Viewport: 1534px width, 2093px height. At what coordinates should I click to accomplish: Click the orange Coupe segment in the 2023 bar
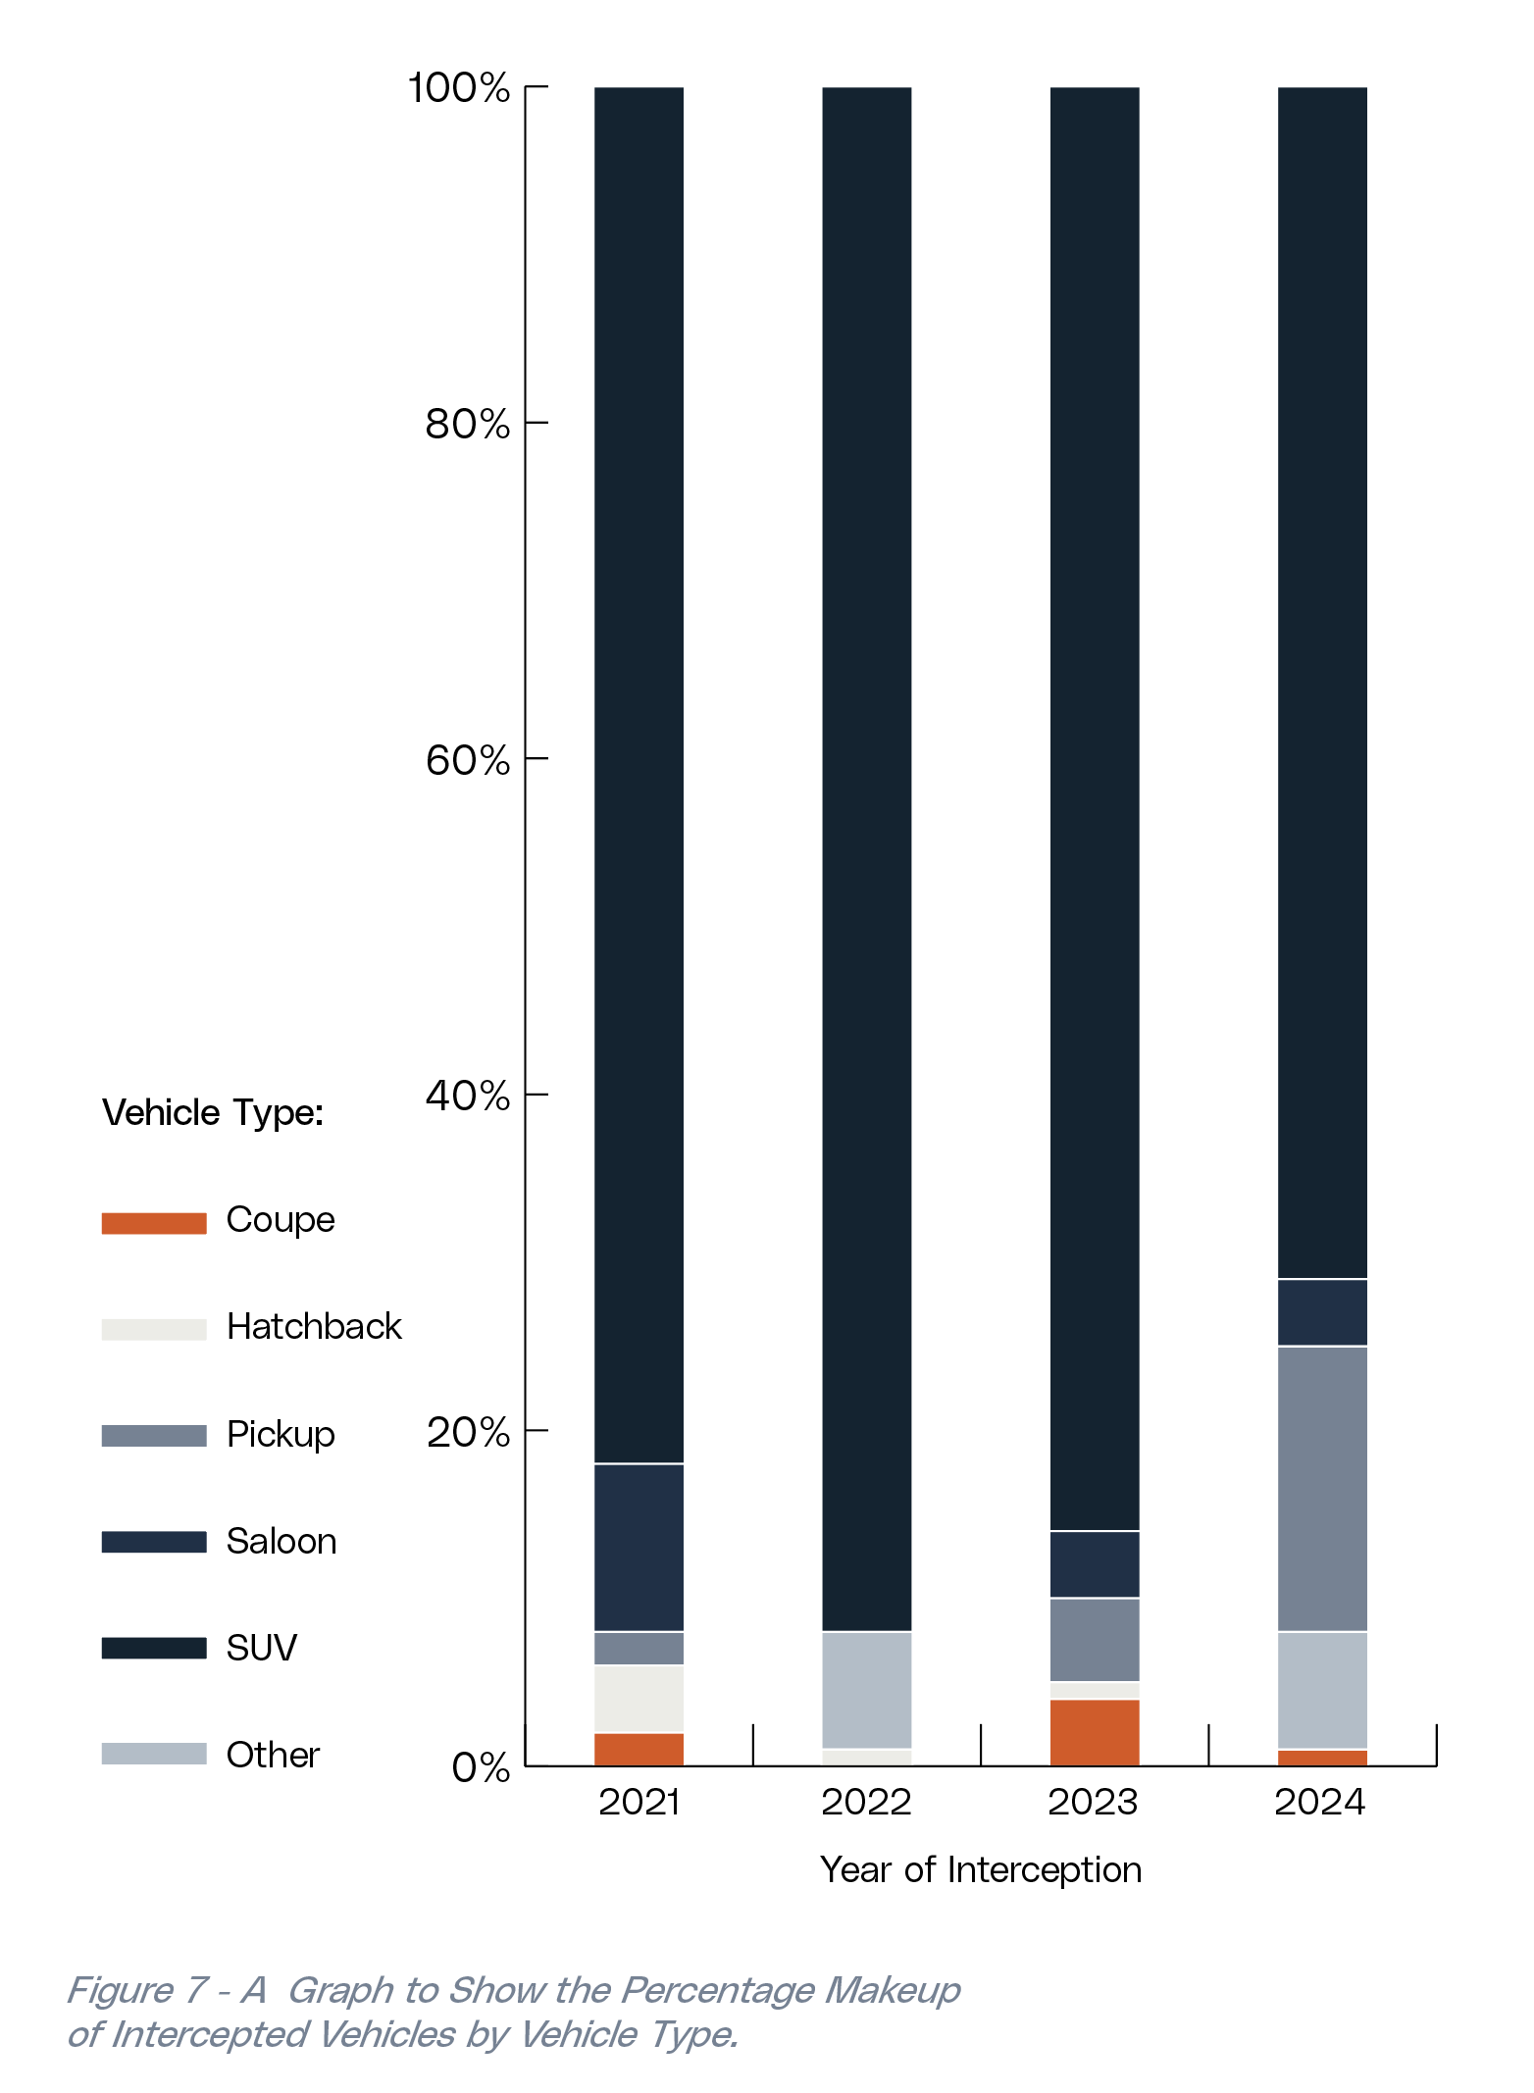pyautogui.click(x=1094, y=1732)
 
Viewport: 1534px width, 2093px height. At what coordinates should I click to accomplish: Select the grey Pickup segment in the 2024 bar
pyautogui.click(x=1321, y=1488)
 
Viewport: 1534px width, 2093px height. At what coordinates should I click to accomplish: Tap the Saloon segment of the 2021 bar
pyautogui.click(x=639, y=1547)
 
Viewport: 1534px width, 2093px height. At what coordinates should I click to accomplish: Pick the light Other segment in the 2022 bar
pyautogui.click(x=866, y=1690)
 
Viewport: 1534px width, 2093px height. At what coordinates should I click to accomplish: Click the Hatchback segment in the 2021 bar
pyautogui.click(x=639, y=1699)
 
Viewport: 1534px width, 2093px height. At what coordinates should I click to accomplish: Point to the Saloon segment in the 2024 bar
pyautogui.click(x=1321, y=1312)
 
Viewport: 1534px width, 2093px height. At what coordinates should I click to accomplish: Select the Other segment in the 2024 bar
pyautogui.click(x=1321, y=1690)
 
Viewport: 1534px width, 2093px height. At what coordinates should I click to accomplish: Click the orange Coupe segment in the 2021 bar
pyautogui.click(x=639, y=1749)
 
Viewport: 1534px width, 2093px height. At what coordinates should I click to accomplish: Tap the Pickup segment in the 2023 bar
pyautogui.click(x=1094, y=1640)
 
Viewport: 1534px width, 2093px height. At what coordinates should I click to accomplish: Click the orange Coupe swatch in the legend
pyautogui.click(x=154, y=1223)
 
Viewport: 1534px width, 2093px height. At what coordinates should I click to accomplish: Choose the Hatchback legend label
pyautogui.click(x=314, y=1327)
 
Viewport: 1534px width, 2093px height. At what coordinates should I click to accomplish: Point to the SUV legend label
pyautogui.click(x=261, y=1648)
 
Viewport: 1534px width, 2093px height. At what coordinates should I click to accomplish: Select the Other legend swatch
pyautogui.click(x=154, y=1754)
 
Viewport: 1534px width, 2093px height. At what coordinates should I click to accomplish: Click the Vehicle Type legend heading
pyautogui.click(x=213, y=1113)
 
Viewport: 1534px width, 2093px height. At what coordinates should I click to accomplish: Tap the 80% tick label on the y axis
pyautogui.click(x=468, y=424)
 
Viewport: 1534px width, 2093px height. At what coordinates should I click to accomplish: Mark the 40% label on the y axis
pyautogui.click(x=468, y=1095)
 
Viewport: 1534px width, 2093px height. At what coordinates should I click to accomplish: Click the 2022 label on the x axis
pyautogui.click(x=866, y=1803)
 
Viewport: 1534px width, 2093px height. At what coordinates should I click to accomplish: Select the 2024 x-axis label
pyautogui.click(x=1320, y=1803)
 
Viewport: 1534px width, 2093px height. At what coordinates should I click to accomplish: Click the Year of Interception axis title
pyautogui.click(x=981, y=1870)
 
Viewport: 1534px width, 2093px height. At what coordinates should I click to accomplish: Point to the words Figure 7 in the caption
pyautogui.click(x=137, y=1990)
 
